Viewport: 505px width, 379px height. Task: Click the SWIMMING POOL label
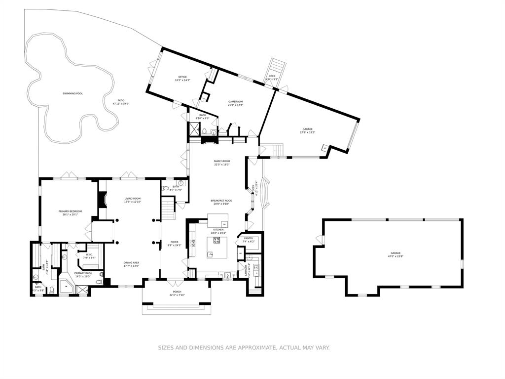72,93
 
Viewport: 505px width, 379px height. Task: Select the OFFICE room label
182,77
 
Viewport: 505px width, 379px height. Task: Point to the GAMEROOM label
235,102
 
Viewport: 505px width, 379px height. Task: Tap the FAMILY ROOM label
222,161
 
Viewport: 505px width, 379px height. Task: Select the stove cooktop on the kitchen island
216,241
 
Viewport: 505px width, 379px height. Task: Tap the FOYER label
175,243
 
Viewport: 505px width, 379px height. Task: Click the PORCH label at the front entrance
177,292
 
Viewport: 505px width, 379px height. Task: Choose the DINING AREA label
131,263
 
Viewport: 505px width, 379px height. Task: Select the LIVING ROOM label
133,199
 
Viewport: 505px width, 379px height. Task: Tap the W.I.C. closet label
89,255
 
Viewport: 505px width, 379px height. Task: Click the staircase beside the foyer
169,210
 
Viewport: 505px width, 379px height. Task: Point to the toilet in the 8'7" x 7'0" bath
166,188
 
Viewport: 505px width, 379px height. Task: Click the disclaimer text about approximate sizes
244,348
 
